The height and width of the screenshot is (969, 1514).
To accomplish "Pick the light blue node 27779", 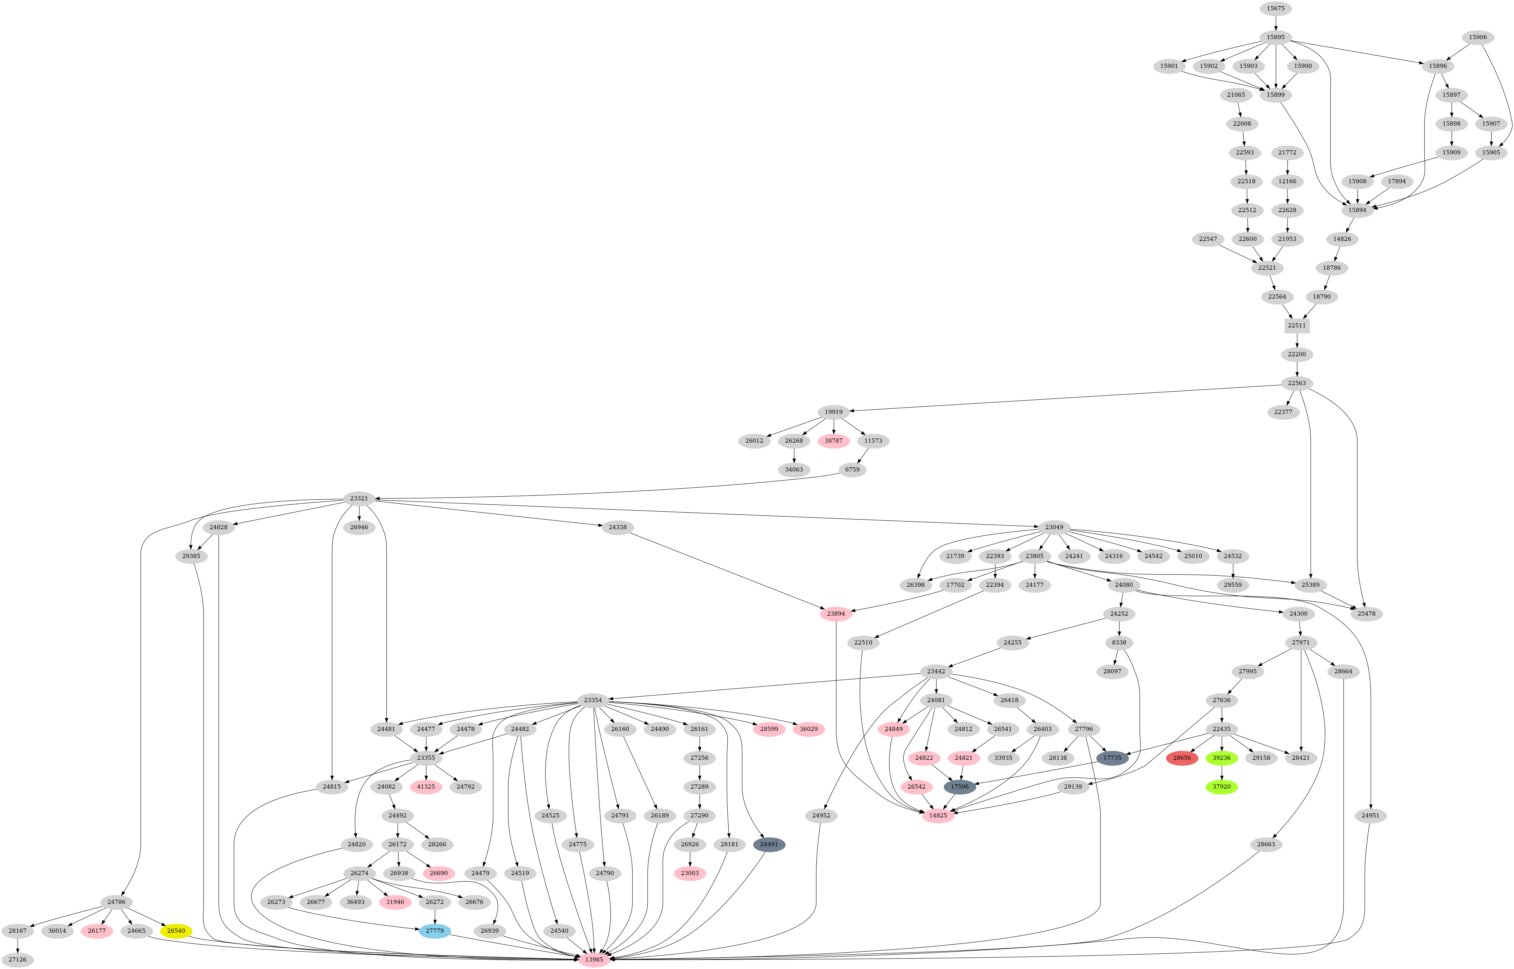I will [434, 931].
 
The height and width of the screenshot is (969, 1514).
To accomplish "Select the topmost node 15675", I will [1276, 8].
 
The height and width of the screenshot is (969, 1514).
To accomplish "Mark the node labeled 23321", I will [359, 498].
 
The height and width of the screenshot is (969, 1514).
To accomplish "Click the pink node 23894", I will [836, 613].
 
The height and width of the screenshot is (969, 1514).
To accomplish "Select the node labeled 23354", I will [592, 700].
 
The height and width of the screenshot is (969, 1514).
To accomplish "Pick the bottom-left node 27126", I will [17, 960].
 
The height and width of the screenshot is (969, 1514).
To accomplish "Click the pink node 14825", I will [938, 816].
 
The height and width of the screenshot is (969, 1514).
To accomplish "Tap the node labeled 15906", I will [1477, 37].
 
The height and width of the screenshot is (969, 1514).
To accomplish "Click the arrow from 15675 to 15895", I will [1276, 23].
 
